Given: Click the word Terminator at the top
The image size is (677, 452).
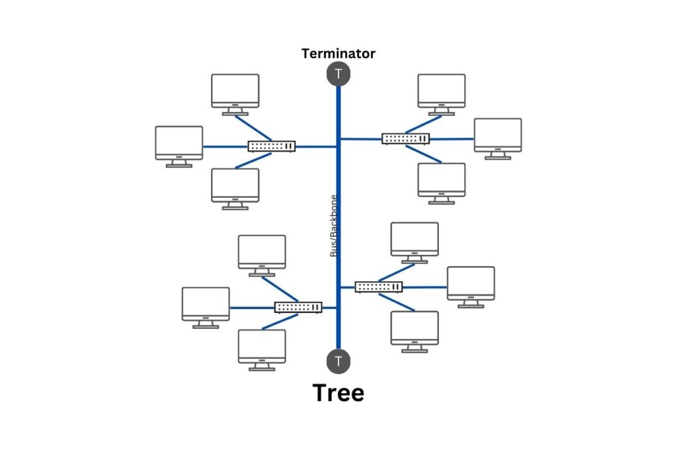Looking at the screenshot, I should tap(338, 54).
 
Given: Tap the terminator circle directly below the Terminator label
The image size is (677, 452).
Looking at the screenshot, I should tap(338, 74).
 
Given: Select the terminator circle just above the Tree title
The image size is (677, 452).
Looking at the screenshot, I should tap(338, 361).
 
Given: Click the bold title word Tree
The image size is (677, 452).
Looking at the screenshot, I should tap(338, 392).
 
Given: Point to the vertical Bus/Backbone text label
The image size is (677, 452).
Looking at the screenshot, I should tap(334, 226).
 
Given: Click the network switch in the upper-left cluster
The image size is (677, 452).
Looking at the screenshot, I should tap(272, 146).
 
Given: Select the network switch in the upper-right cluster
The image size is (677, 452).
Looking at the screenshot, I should tap(406, 138).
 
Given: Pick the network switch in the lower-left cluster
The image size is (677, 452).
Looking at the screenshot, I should tap(298, 307).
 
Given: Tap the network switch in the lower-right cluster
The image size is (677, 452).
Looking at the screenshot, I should tap(379, 287).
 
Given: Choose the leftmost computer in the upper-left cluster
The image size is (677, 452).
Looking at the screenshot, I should tap(179, 144).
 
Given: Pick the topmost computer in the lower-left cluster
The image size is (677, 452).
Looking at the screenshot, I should tap(262, 253).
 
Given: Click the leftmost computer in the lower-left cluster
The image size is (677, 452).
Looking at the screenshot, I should tap(206, 304).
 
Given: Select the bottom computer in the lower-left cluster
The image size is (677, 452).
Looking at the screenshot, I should tap(262, 347).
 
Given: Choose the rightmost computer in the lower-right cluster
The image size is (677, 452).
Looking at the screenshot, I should tap(471, 284).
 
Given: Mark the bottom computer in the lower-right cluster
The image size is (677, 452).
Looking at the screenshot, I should tap(415, 329).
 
